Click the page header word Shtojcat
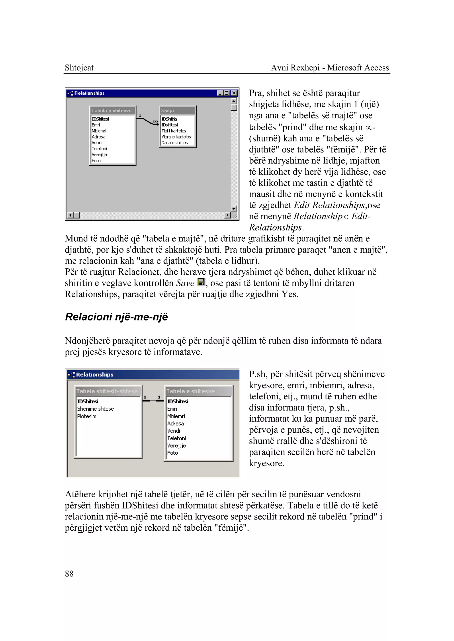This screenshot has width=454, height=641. (79, 68)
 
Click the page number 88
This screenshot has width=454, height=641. (69, 574)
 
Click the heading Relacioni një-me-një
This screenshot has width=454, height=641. (116, 317)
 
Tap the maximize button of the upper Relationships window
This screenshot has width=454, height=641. (227, 93)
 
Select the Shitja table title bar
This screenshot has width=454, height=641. (177, 110)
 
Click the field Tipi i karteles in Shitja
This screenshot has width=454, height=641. (174, 131)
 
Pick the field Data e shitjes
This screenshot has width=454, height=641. (174, 143)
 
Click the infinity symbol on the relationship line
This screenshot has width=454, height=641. (155, 121)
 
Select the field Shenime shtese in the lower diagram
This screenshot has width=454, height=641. (95, 409)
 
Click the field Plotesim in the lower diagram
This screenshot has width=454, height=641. (87, 416)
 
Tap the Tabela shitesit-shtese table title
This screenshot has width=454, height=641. (107, 391)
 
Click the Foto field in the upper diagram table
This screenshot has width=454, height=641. (96, 160)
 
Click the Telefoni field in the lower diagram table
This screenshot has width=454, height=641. (176, 438)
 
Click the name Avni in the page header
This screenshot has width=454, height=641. (280, 68)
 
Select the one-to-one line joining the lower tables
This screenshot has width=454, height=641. (153, 401)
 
